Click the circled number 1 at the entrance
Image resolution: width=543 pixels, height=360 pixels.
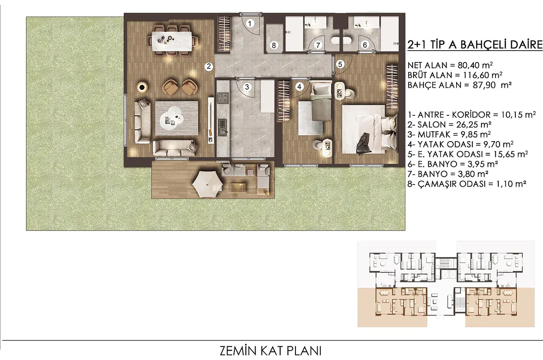pyautogui.click(x=250, y=24)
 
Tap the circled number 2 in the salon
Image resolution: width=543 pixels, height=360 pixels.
pyautogui.click(x=209, y=66)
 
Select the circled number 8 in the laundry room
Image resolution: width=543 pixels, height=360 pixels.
pyautogui.click(x=274, y=45)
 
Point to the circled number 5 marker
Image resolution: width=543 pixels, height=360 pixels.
pyautogui.click(x=340, y=64)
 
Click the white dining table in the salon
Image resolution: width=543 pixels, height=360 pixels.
pyautogui.click(x=172, y=42)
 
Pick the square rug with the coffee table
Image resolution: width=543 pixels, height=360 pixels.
pyautogui.click(x=177, y=118)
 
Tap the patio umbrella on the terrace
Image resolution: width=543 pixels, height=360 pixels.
pyautogui.click(x=208, y=184)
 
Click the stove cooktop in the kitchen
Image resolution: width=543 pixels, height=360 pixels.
pyautogui.click(x=223, y=98)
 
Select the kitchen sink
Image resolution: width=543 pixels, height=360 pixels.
pyautogui.click(x=223, y=128)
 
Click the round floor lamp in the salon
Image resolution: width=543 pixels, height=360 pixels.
pyautogui.click(x=142, y=87)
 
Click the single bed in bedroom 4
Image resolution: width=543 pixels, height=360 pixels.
pyautogui.click(x=321, y=101)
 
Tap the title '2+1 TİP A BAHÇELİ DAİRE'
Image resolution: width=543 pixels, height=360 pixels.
pyautogui.click(x=475, y=45)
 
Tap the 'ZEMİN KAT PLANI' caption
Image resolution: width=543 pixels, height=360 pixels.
pyautogui.click(x=271, y=351)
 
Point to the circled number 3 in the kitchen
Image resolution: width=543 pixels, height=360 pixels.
pyautogui.click(x=247, y=87)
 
